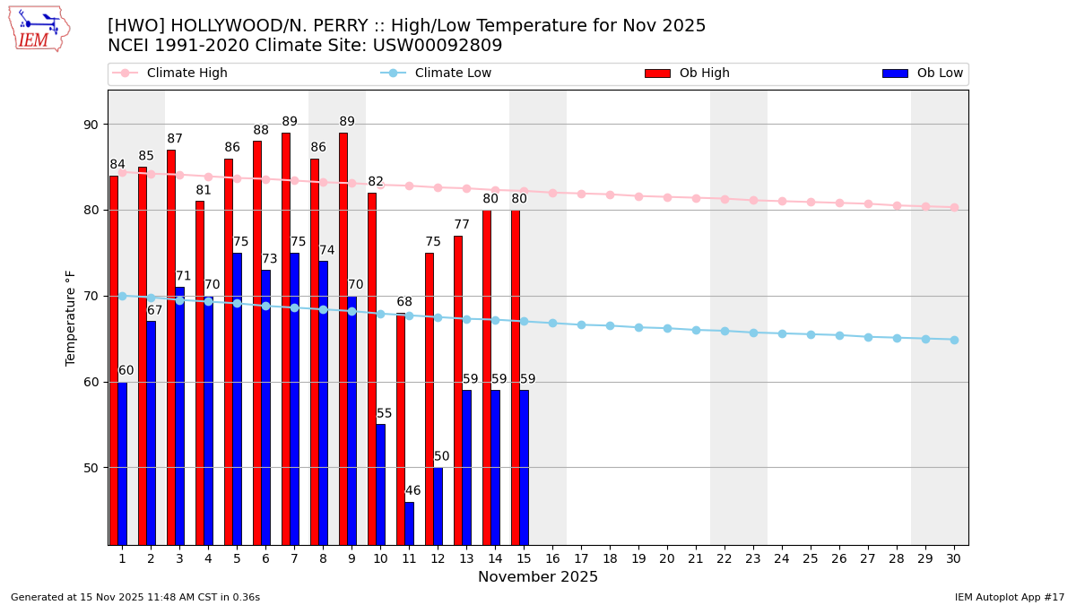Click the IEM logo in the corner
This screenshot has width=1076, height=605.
tap(39, 29)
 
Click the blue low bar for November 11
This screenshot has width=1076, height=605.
tap(409, 523)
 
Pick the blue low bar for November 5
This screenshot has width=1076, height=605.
tap(237, 399)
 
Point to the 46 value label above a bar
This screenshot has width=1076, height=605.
tap(412, 491)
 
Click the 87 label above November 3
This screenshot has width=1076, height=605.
tap(175, 139)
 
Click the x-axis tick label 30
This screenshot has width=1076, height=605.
tap(953, 558)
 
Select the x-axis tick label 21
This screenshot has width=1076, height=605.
tap(696, 558)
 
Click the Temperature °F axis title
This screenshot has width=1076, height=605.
tap(72, 317)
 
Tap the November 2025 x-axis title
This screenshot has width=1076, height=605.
tap(538, 577)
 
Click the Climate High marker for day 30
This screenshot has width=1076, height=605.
tap(954, 207)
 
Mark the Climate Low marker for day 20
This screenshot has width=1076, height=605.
tap(667, 328)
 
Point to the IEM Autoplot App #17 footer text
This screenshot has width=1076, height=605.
tap(1010, 597)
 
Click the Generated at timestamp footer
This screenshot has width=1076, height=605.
tap(135, 597)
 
